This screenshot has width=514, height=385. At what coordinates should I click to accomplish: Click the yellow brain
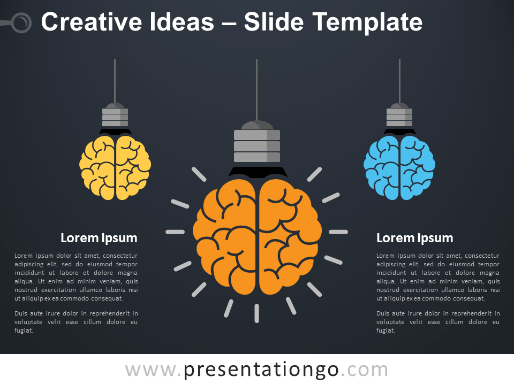point(115,167)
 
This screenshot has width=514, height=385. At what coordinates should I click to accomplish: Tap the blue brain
point(399,167)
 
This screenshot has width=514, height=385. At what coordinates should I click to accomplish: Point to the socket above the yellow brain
point(115,116)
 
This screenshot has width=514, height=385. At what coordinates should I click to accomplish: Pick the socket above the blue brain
point(399,116)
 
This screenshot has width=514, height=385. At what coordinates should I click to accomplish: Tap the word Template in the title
point(367,22)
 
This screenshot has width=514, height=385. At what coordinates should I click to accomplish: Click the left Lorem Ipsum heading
point(99,238)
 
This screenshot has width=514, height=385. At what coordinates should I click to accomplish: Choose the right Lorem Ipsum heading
point(414,238)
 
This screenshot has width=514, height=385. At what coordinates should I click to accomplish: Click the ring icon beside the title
point(21,22)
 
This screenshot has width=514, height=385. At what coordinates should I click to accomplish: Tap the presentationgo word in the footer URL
point(261,369)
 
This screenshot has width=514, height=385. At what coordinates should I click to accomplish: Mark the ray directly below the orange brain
point(257,313)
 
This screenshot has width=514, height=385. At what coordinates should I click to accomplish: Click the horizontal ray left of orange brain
point(175,232)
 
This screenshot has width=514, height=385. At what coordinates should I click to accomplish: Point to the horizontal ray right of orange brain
point(338,232)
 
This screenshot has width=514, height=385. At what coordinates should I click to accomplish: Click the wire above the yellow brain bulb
point(115,80)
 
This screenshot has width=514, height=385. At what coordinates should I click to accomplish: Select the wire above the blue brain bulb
point(399,80)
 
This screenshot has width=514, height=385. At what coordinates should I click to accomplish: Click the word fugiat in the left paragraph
point(24,330)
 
